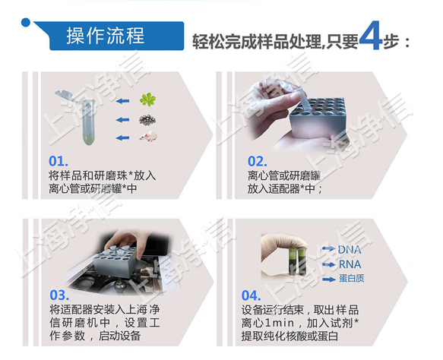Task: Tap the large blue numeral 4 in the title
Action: pos(369,37)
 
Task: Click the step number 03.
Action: pos(59,295)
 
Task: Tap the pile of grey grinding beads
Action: pos(149,120)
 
